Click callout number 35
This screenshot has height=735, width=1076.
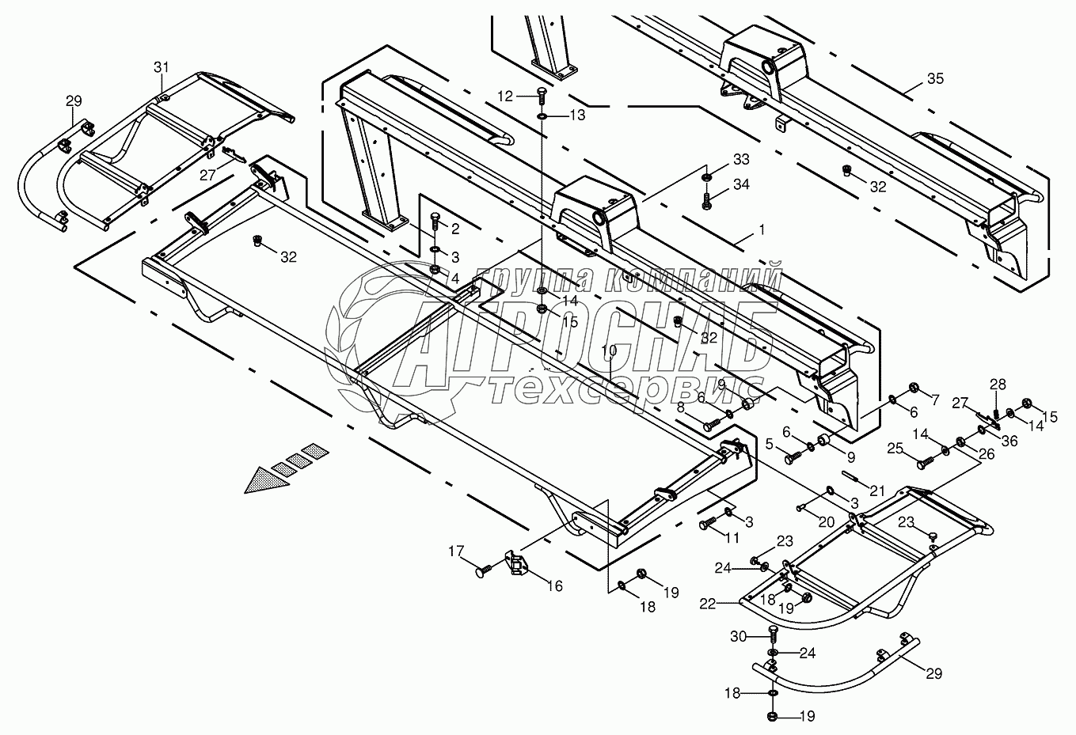click(935, 79)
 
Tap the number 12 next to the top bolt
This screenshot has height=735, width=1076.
click(506, 96)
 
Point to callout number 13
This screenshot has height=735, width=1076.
click(577, 116)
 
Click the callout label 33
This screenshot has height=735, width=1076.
click(740, 160)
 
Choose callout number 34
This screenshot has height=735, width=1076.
click(740, 185)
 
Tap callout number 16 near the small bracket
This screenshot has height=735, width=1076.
click(554, 586)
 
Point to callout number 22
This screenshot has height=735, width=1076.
click(707, 604)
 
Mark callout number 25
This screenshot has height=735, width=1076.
click(895, 449)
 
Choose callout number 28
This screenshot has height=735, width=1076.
click(998, 384)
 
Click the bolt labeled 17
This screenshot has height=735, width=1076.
click(487, 567)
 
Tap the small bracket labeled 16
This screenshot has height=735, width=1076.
click(519, 564)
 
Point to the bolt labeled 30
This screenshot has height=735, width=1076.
click(773, 634)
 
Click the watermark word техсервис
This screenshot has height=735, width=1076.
click(625, 389)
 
